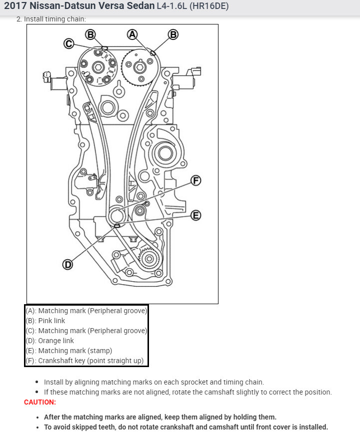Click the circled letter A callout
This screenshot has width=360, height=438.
(132, 34)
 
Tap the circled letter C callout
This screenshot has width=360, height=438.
(69, 44)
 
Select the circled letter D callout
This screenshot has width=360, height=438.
(67, 264)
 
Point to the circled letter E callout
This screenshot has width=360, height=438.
(196, 215)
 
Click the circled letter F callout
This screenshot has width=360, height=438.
(196, 180)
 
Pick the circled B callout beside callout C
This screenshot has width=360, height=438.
(90, 34)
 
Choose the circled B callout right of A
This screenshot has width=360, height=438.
(173, 34)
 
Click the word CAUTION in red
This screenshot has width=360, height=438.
(40, 402)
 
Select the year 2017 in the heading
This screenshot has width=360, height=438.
(16, 7)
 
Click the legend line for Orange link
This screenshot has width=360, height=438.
(50, 341)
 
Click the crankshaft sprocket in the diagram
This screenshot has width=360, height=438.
(116, 216)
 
